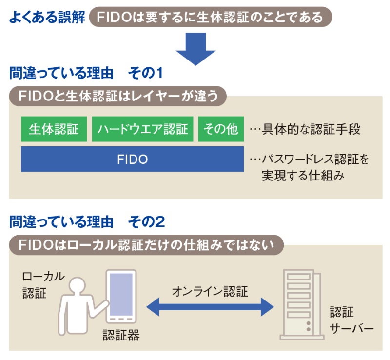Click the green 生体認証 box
tap(54, 129)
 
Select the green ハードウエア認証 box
tap(142, 129)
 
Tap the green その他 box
tap(221, 129)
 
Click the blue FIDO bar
tap(132, 159)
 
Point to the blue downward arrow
tap(195, 51)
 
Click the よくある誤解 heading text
tap(47, 18)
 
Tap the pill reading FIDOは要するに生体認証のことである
tap(210, 18)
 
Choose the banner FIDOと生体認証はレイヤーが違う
tap(118, 96)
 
